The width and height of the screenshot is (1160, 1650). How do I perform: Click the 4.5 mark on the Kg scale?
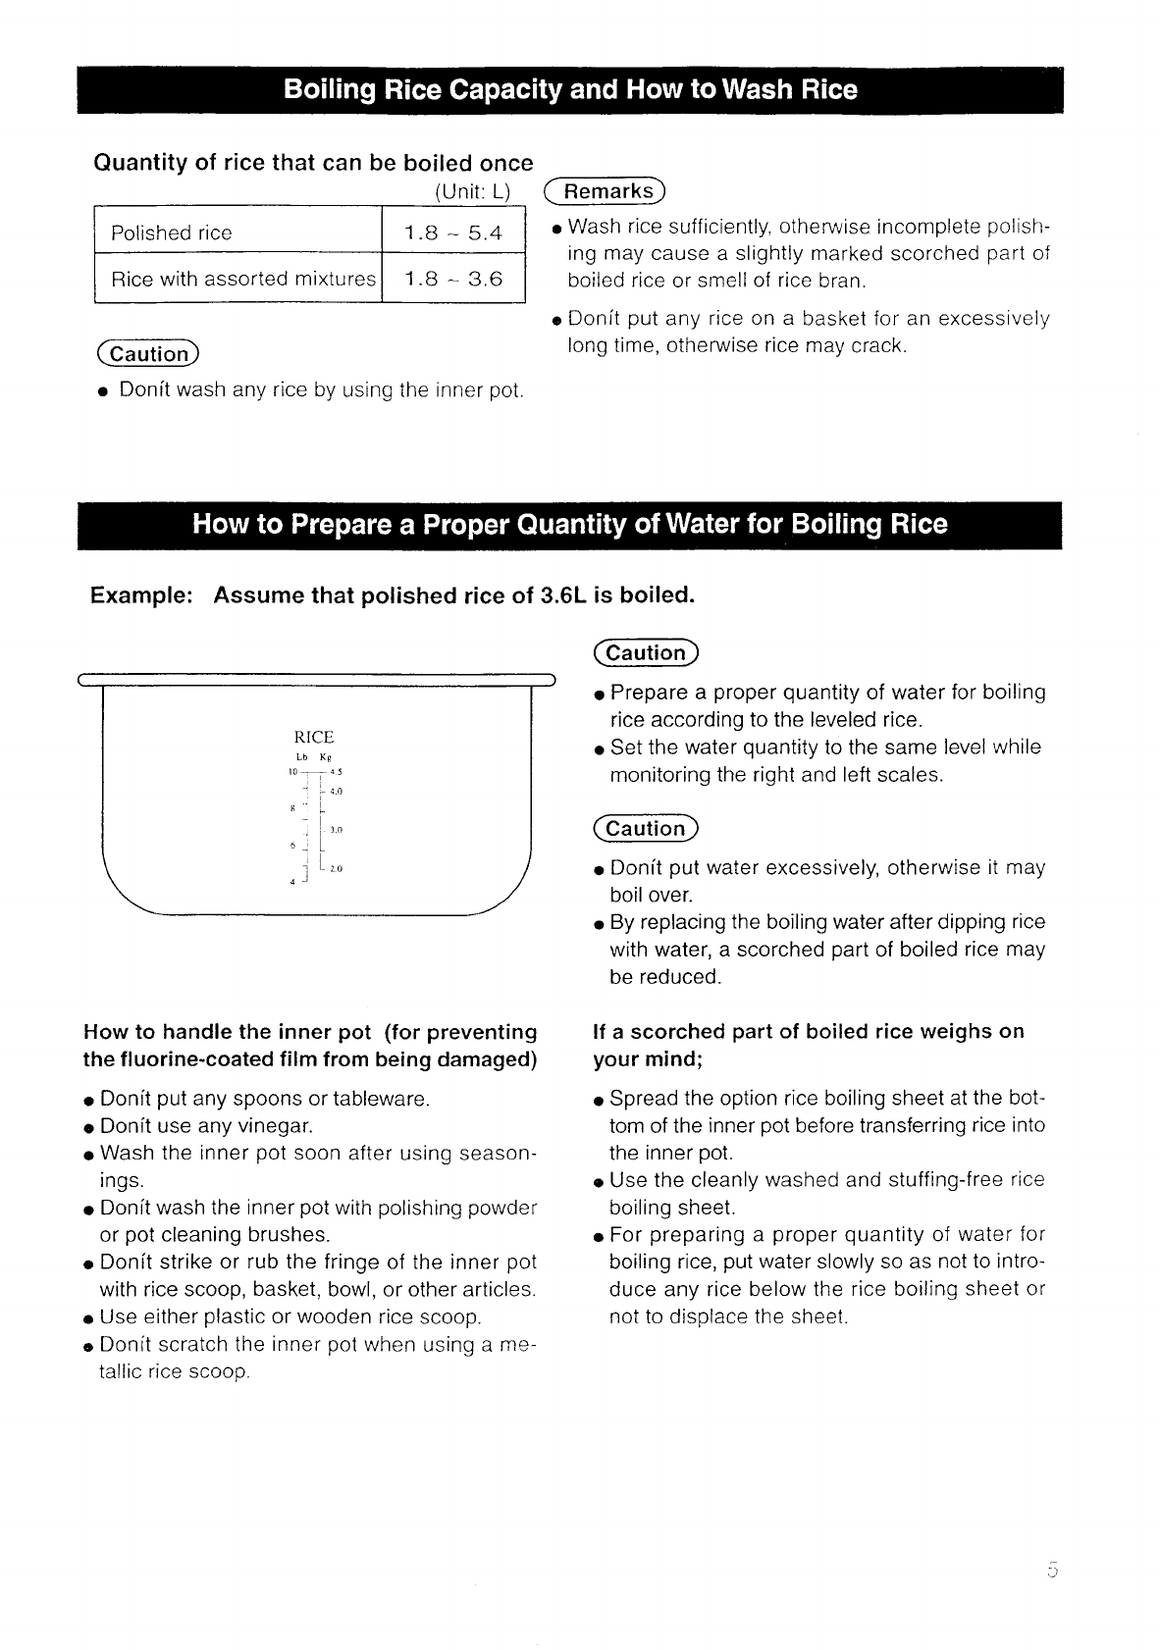point(335,772)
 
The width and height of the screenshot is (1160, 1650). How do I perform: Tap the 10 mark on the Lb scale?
point(291,772)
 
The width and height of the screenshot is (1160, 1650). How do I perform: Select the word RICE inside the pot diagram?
point(314,737)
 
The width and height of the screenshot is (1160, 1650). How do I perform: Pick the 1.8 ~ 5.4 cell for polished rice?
point(452,232)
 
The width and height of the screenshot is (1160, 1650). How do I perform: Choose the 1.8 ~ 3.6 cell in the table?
point(452,279)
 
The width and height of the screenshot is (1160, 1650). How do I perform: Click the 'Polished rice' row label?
point(172,232)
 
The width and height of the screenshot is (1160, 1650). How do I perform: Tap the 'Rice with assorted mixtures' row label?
point(242,279)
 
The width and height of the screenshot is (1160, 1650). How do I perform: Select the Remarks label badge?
point(606,190)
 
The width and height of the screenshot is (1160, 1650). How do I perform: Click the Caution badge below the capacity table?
point(148,354)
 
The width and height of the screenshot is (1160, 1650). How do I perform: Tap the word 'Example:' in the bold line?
point(140,596)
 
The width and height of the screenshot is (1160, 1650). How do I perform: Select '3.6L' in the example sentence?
point(563,596)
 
